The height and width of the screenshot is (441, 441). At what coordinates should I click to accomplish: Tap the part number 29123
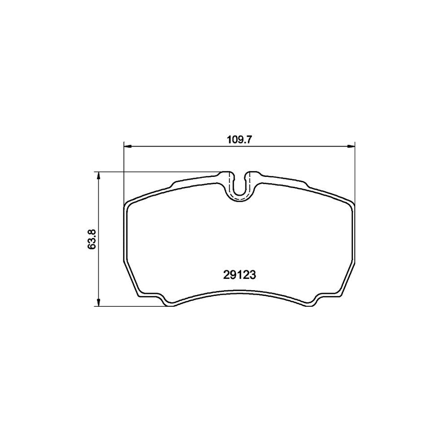pyautogui.click(x=238, y=276)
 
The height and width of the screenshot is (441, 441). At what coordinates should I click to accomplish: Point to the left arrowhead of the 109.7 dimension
pyautogui.click(x=126, y=146)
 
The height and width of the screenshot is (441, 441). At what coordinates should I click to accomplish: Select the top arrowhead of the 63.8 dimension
pyautogui.click(x=99, y=175)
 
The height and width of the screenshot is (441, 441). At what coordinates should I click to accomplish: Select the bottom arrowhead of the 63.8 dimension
pyautogui.click(x=99, y=303)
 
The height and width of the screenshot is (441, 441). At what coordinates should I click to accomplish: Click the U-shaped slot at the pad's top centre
pyautogui.click(x=239, y=186)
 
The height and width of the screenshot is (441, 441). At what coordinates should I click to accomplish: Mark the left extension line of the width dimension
pyautogui.click(x=123, y=171)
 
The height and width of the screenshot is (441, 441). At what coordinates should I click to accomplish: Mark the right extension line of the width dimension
pyautogui.click(x=354, y=171)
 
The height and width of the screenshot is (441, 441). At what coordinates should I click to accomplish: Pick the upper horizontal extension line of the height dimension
pyautogui.click(x=157, y=171)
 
